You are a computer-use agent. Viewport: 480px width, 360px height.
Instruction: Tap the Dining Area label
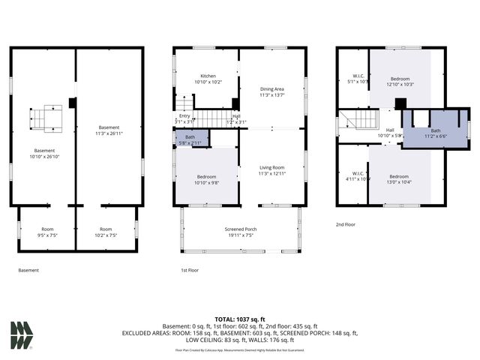tap(272, 91)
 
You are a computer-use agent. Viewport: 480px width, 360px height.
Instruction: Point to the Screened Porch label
tap(240, 232)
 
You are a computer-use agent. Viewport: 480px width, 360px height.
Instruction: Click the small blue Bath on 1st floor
tap(191, 139)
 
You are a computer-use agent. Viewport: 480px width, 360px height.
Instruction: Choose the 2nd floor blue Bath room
tap(435, 133)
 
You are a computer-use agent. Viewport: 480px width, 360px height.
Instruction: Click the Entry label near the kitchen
tap(184, 118)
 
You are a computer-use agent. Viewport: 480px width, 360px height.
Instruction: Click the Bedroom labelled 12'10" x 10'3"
tap(400, 82)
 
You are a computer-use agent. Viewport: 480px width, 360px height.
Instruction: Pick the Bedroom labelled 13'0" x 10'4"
tap(399, 179)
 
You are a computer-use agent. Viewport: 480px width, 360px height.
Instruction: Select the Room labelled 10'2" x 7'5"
tap(106, 232)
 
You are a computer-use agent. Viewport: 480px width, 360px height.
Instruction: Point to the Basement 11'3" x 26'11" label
tap(109, 130)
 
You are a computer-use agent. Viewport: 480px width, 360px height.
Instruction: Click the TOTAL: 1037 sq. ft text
tap(240, 318)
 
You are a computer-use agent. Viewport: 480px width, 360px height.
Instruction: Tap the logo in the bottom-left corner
tap(22, 334)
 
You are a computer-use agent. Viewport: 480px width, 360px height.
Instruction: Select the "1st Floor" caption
tap(189, 270)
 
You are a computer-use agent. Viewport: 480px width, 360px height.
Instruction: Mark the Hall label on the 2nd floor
tap(390, 132)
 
